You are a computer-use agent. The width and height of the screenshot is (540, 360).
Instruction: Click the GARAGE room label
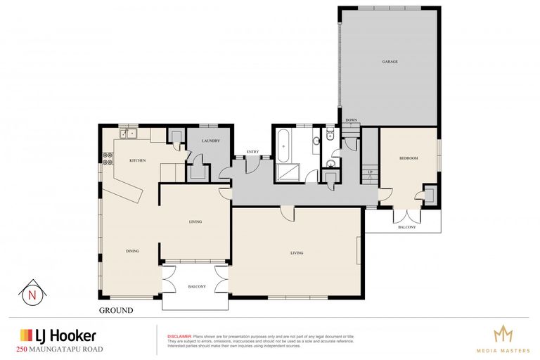(x=390, y=62)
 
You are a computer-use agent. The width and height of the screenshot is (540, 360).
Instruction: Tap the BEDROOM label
(x=409, y=158)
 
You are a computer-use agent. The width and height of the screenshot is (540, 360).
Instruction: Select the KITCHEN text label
(x=137, y=161)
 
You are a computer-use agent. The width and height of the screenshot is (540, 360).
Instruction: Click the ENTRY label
(x=252, y=152)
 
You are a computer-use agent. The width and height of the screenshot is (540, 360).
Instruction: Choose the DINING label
(x=132, y=251)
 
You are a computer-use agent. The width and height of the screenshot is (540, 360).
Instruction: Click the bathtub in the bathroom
(x=284, y=146)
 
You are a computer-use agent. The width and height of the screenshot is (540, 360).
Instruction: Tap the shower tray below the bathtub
(x=287, y=172)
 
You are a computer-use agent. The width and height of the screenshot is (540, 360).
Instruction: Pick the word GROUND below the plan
(x=115, y=310)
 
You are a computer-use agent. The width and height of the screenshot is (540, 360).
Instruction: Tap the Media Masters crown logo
(x=503, y=333)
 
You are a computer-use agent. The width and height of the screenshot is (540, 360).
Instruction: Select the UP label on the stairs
(x=369, y=172)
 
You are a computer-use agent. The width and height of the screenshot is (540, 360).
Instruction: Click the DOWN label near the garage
(x=351, y=120)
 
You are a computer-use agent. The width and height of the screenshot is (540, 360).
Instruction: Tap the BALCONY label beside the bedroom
(x=407, y=227)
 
